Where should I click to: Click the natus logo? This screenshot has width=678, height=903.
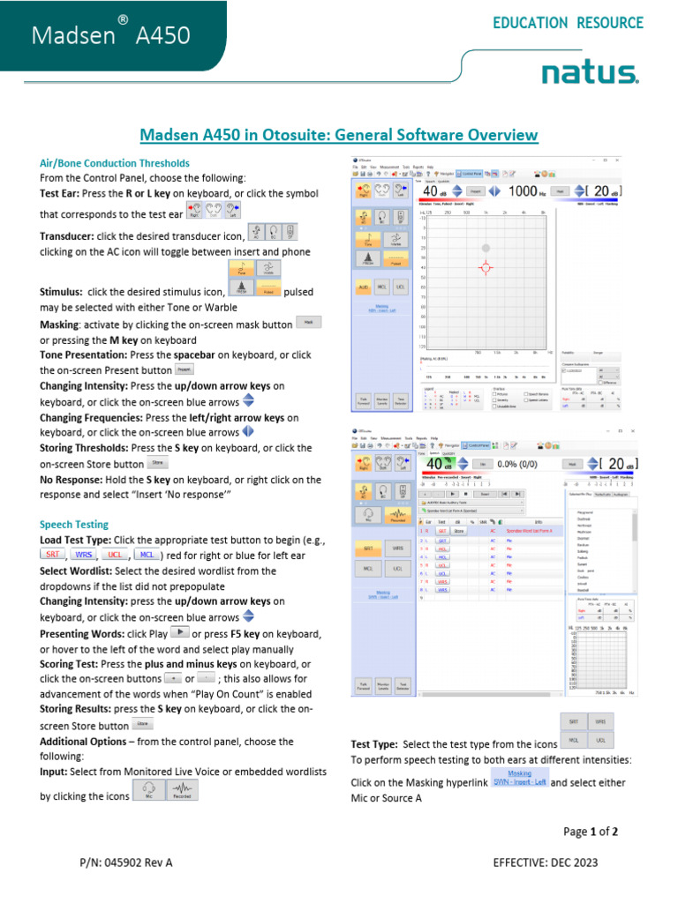click(x=590, y=72)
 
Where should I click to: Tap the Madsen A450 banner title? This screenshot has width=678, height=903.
click(x=111, y=35)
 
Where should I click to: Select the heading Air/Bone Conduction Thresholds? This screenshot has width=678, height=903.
click(x=115, y=163)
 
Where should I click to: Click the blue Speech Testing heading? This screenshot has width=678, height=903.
click(x=74, y=524)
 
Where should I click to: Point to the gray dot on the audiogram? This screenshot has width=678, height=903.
click(x=484, y=248)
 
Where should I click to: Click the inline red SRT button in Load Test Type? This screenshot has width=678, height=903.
click(x=53, y=555)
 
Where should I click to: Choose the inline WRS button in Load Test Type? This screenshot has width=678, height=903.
click(x=83, y=555)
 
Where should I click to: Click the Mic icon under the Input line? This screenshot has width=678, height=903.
click(x=148, y=790)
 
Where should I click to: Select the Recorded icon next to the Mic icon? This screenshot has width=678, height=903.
click(x=181, y=790)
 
